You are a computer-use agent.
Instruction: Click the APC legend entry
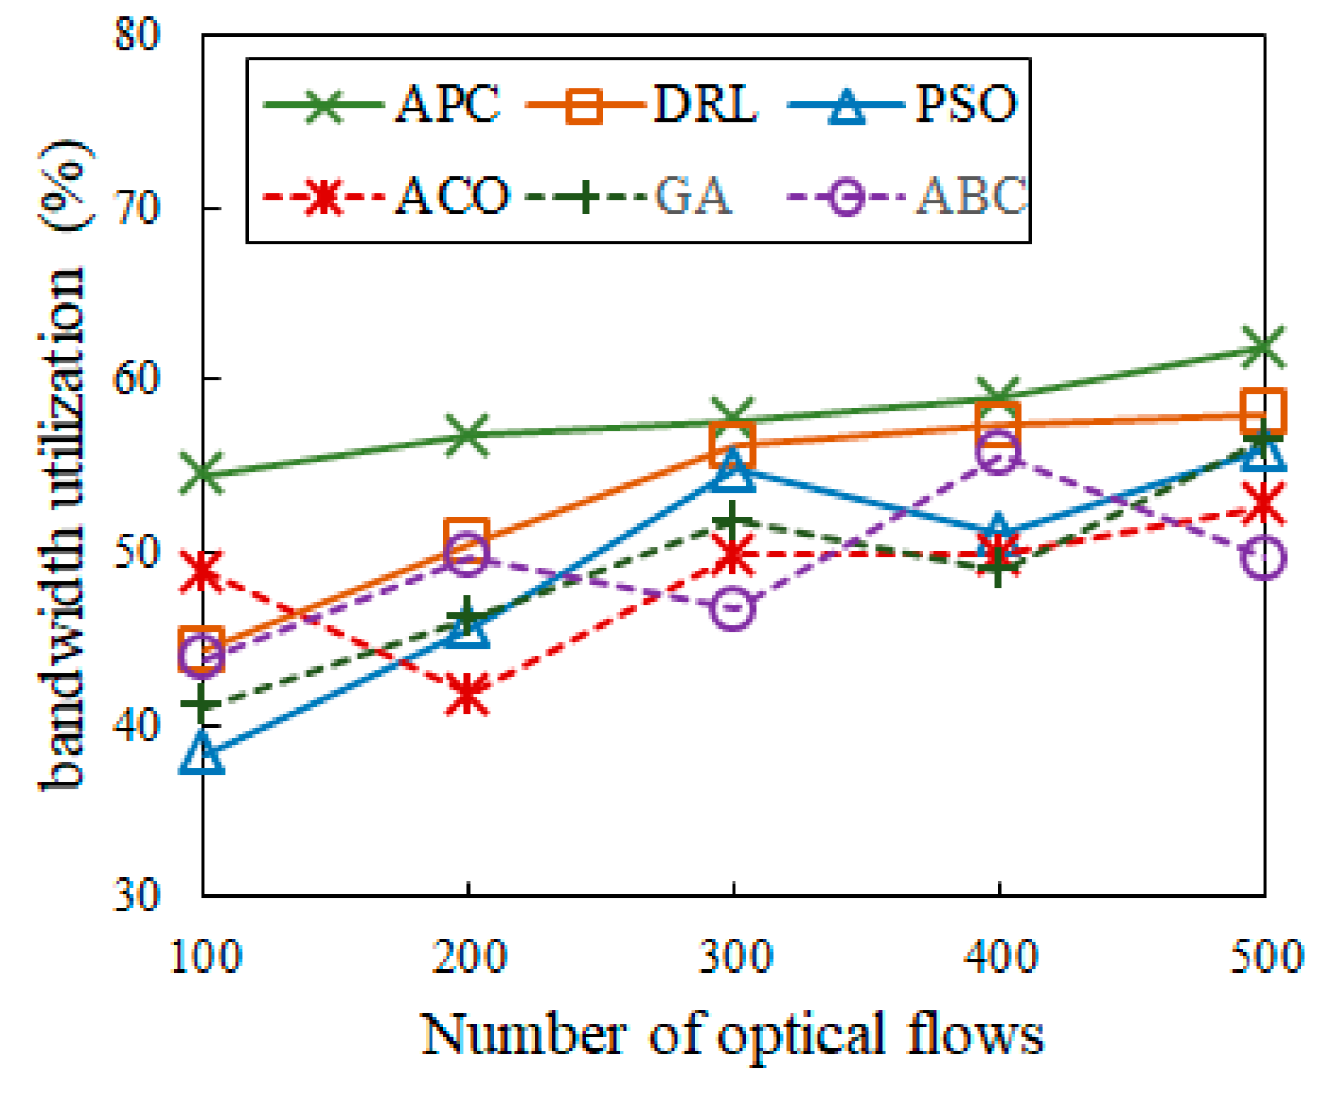pyautogui.click(x=383, y=106)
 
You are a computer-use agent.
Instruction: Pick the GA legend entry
pyautogui.click(x=630, y=197)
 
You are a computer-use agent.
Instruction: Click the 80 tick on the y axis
pyautogui.click(x=137, y=35)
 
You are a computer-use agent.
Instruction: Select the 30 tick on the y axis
pyautogui.click(x=137, y=895)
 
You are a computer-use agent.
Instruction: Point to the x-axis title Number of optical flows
pyautogui.click(x=733, y=1035)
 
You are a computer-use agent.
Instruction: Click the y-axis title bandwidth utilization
pyautogui.click(x=64, y=464)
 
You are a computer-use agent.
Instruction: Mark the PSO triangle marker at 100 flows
pyautogui.click(x=203, y=754)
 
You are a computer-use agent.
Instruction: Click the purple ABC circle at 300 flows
pyautogui.click(x=733, y=609)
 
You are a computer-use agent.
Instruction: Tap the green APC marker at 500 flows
pyautogui.click(x=1264, y=347)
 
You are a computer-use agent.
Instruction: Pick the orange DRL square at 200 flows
pyautogui.click(x=466, y=537)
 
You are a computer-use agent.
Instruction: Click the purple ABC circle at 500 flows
pyautogui.click(x=1265, y=558)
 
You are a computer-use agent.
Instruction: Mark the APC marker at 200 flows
pyautogui.click(x=467, y=435)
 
